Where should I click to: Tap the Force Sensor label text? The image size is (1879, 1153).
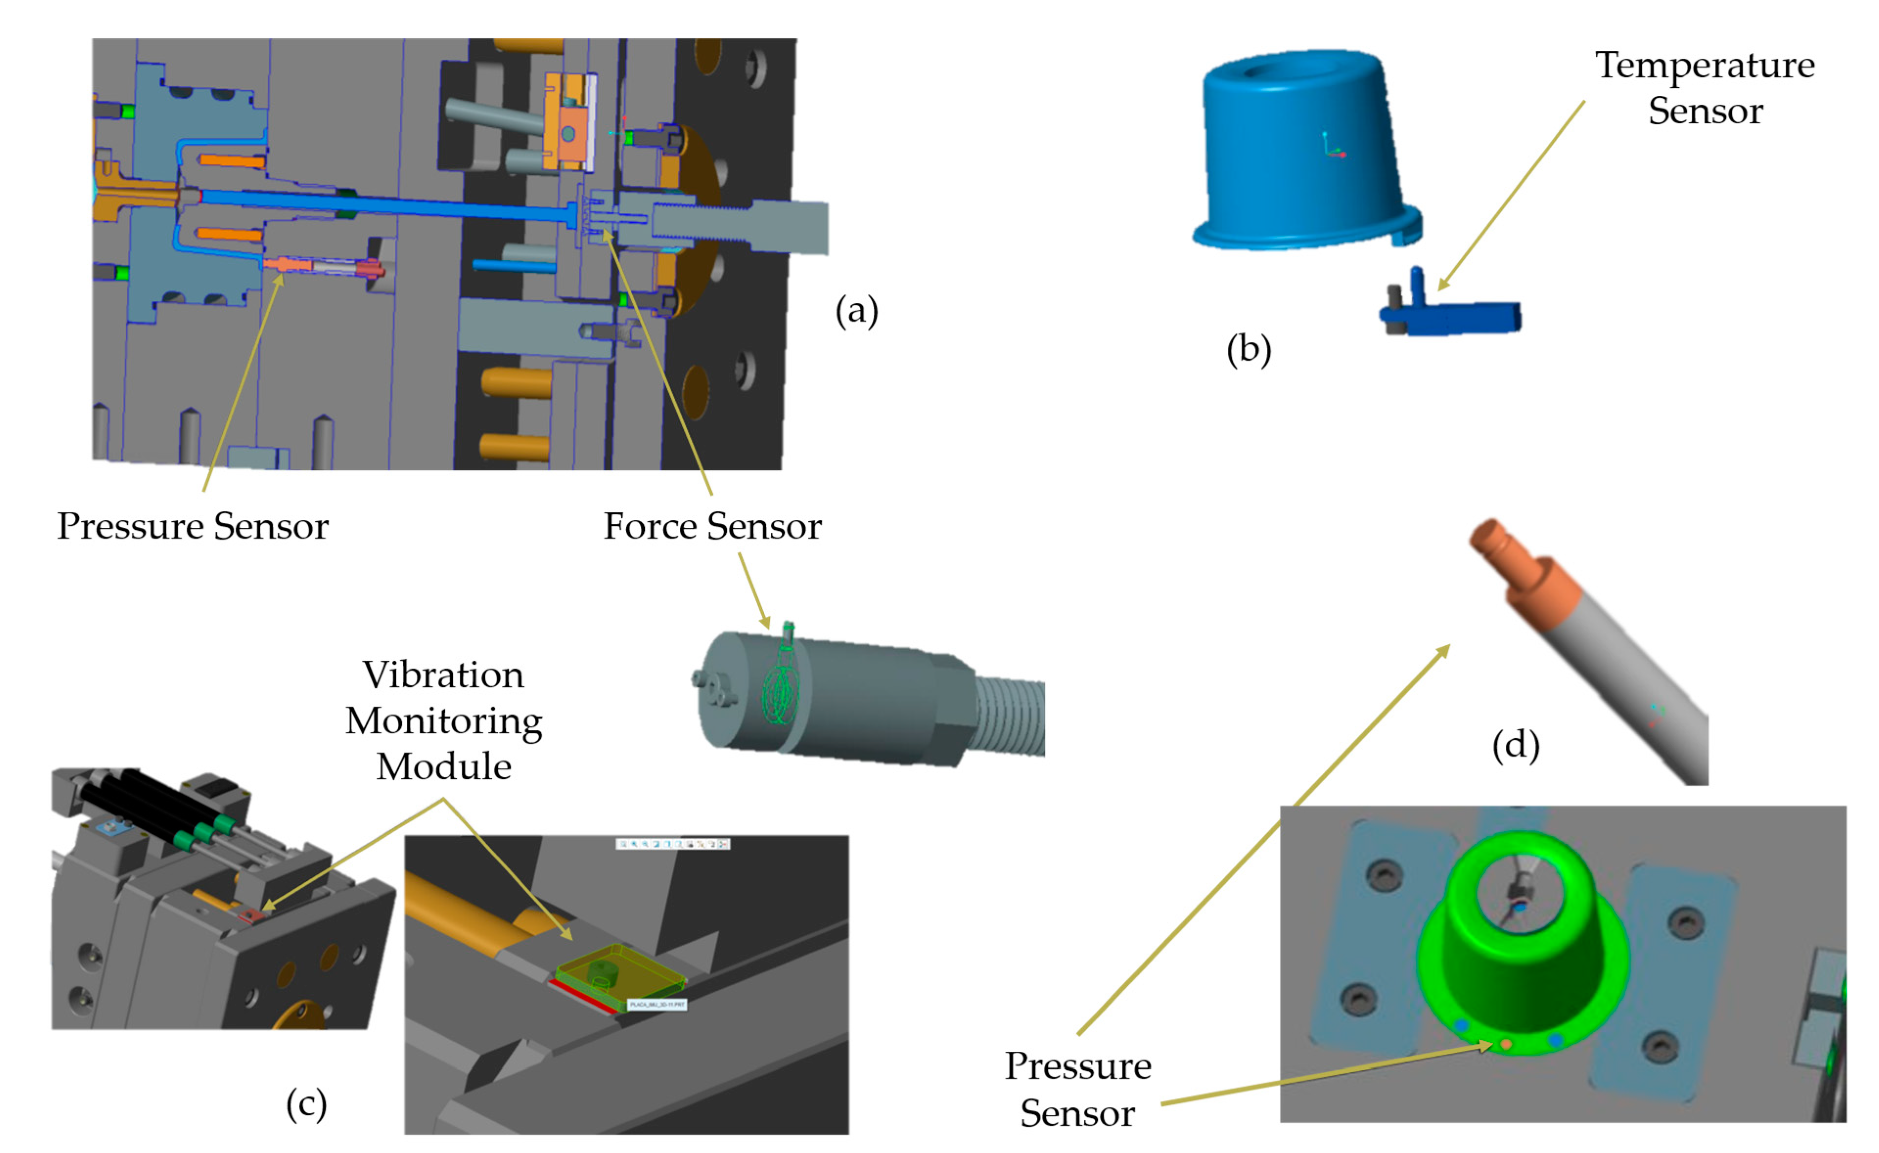click(x=712, y=526)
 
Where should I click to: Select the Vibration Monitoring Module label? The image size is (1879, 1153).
click(x=444, y=721)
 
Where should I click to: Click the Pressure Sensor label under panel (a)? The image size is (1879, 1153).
click(x=193, y=526)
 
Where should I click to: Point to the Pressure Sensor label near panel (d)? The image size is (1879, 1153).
click(x=1078, y=1089)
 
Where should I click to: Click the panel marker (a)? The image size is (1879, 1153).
click(x=857, y=311)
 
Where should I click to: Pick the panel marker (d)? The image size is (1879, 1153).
click(x=1515, y=745)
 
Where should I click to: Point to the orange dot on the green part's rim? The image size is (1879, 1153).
click(x=1506, y=1044)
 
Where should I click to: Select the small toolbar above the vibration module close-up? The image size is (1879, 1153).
click(x=673, y=843)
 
